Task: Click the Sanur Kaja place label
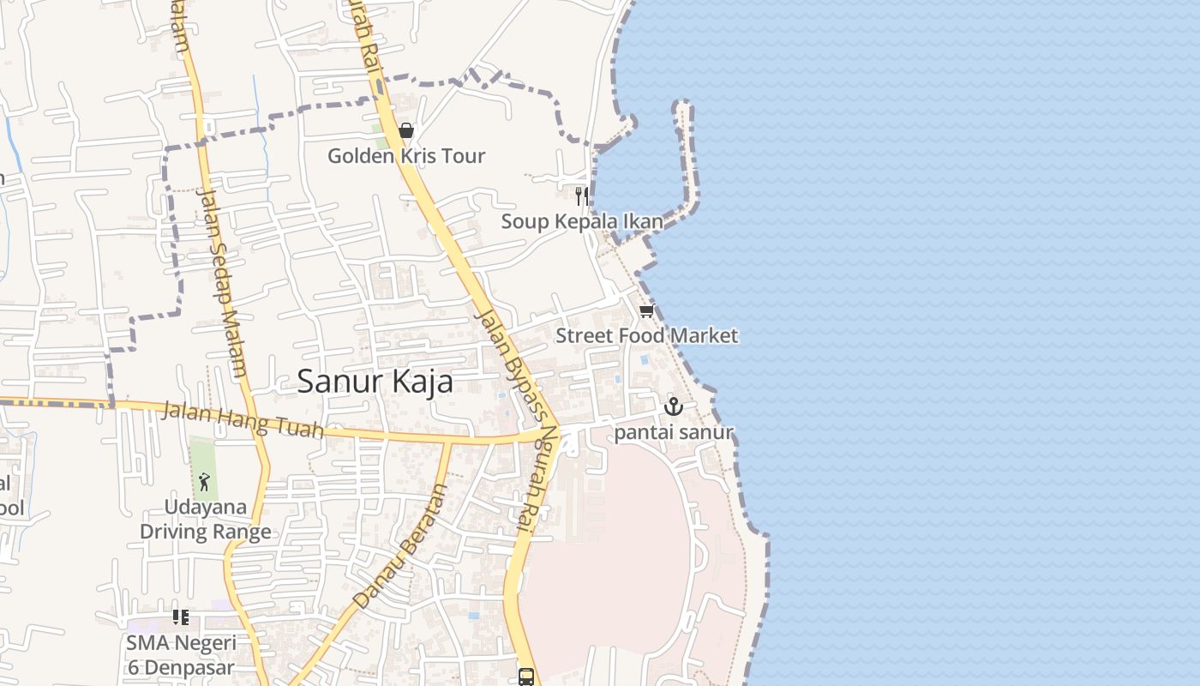[375, 382]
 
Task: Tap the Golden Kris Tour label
[406, 156]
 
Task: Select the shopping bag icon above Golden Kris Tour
[406, 131]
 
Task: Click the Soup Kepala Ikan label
[582, 221]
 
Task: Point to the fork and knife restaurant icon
[582, 196]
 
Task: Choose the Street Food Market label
[646, 335]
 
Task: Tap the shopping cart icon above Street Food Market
[647, 310]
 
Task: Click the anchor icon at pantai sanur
[674, 406]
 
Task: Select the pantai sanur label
[674, 431]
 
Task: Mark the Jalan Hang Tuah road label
[243, 420]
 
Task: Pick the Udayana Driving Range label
[206, 519]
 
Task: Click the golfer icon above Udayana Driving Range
[204, 482]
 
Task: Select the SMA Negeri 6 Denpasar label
[180, 654]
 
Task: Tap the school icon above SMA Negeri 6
[180, 617]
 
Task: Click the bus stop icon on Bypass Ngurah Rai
[526, 677]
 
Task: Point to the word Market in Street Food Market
[703, 335]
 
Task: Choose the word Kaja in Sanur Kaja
[420, 382]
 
